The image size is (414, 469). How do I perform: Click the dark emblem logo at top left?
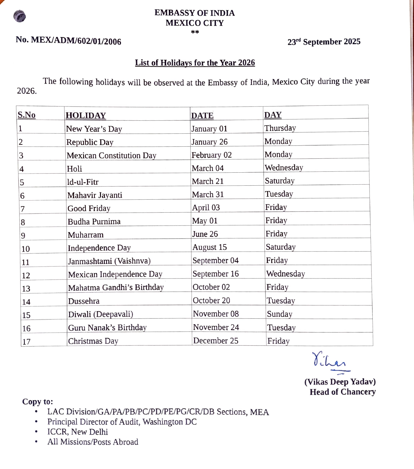19,16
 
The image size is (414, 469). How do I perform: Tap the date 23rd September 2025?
324,42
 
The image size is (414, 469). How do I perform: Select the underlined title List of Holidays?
195,63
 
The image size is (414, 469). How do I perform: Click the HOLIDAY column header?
86,116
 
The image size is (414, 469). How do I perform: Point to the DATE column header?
202,116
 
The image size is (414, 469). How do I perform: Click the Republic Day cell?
90,142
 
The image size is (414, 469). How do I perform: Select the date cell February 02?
211,155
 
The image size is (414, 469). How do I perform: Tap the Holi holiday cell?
74,169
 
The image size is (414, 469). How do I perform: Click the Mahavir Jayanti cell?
95,195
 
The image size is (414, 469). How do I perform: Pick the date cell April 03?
206,208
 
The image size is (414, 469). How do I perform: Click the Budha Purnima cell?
94,222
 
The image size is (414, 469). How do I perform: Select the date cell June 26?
205,234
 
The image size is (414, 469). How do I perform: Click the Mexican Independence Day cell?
115,275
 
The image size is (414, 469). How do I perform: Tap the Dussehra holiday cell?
84,301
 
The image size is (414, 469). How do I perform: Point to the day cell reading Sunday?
280,314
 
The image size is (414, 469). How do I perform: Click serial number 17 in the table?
26,342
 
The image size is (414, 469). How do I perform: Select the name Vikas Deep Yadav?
340,382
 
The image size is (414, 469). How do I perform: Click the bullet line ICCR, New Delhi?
78,432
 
